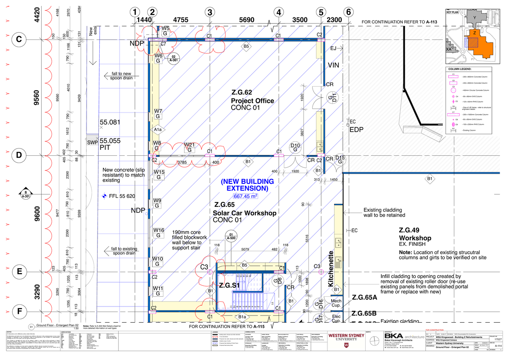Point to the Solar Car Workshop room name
coord(244,213)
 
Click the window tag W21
coord(189,147)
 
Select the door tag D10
coord(295,147)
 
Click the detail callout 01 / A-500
coord(231,236)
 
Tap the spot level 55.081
coord(109,122)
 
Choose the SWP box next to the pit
coord(92,143)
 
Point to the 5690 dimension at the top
coord(246,20)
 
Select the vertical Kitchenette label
coord(331,268)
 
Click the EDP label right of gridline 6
coord(357,129)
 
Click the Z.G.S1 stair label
coord(229,286)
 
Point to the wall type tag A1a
coord(157,129)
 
